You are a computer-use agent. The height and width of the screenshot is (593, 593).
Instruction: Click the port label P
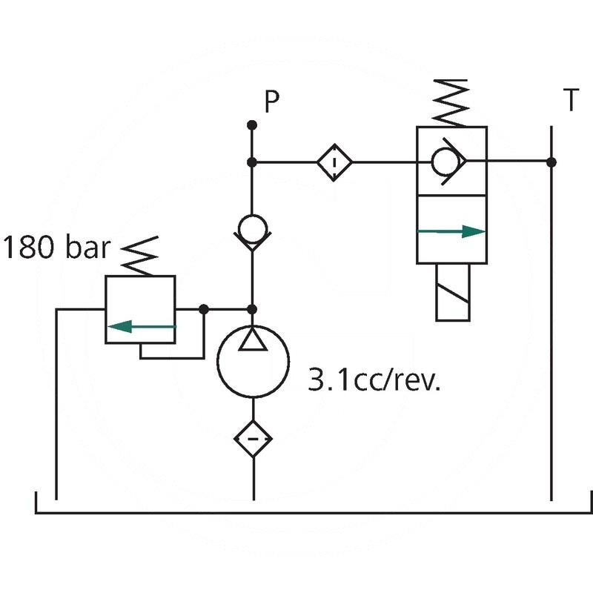click(272, 102)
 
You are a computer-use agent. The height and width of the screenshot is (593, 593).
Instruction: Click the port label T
click(570, 101)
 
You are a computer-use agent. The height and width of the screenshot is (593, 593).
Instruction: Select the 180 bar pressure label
click(56, 247)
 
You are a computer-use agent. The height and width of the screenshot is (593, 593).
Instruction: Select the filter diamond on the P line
click(335, 162)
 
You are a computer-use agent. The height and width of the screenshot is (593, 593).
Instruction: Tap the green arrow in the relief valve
click(140, 326)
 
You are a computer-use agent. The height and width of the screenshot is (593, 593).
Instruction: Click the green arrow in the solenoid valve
click(451, 231)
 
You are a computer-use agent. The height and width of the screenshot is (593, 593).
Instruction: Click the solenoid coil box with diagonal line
click(453, 292)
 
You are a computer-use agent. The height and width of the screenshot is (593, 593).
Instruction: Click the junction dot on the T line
click(551, 162)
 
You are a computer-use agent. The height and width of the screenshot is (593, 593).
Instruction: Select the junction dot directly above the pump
click(253, 309)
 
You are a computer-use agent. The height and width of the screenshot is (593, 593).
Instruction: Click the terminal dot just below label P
click(252, 125)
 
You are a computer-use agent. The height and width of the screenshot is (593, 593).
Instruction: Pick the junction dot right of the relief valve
click(204, 309)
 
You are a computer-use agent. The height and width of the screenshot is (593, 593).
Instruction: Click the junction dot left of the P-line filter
click(252, 162)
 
